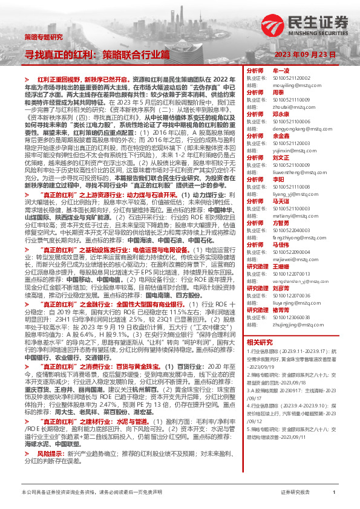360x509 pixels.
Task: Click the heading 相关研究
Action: tap(258, 342)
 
